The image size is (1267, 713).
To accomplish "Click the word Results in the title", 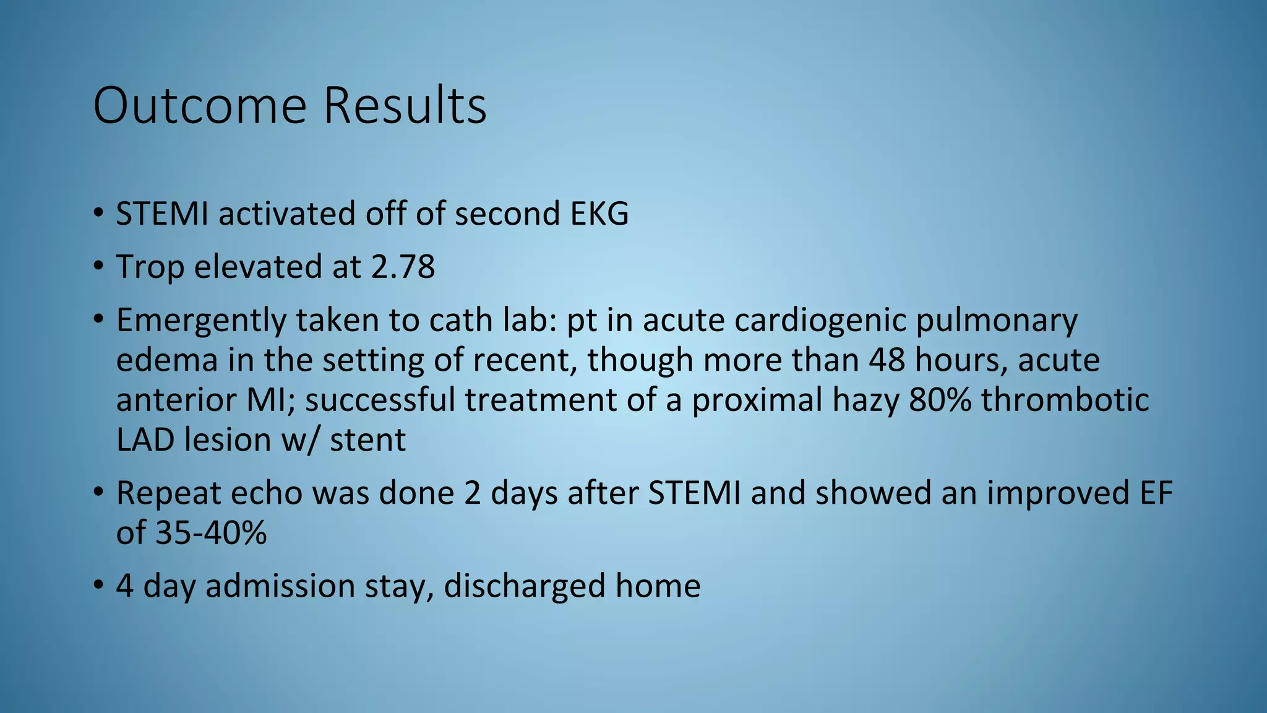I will (x=405, y=106).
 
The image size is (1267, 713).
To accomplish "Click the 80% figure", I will (x=940, y=400).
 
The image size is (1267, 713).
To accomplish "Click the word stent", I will (x=367, y=440).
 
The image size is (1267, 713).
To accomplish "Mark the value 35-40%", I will (x=211, y=533).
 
